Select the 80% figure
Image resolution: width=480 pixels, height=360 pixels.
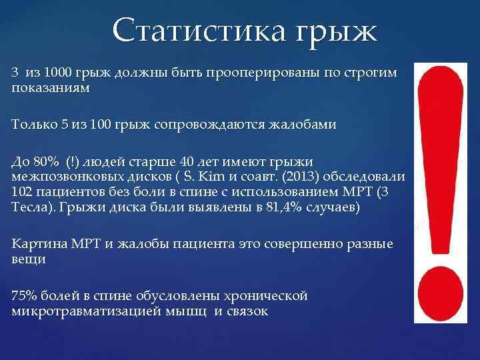(49, 161)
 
